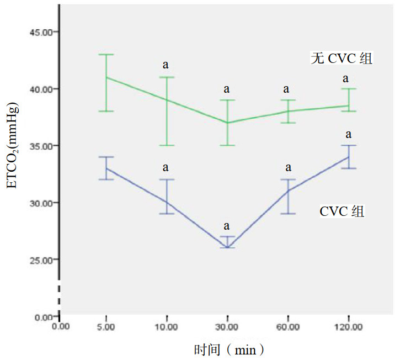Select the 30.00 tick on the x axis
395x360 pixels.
pyautogui.click(x=227, y=327)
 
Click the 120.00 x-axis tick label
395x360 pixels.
pyautogui.click(x=349, y=327)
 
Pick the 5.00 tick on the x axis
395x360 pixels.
pyautogui.click(x=105, y=327)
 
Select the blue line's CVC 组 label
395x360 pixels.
pyautogui.click(x=342, y=211)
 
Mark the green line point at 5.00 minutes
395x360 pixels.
pyautogui.click(x=105, y=77)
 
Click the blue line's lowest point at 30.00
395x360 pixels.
pyautogui.click(x=226, y=247)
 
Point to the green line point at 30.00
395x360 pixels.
pyautogui.click(x=226, y=123)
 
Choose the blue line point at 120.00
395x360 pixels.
pyautogui.click(x=348, y=157)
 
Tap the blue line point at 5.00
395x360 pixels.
pyautogui.click(x=105, y=168)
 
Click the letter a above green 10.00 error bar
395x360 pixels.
pyautogui.click(x=166, y=65)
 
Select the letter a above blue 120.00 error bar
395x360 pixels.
pyautogui.click(x=348, y=134)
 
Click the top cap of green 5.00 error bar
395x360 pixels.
pyautogui.click(x=105, y=54)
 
